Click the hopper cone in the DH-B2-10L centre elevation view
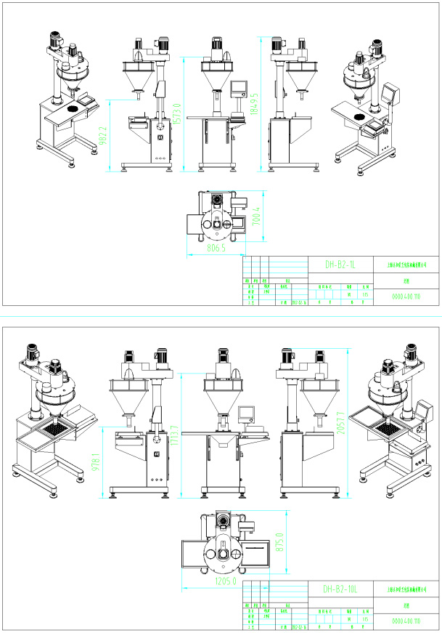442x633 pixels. pyautogui.click(x=221, y=399)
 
